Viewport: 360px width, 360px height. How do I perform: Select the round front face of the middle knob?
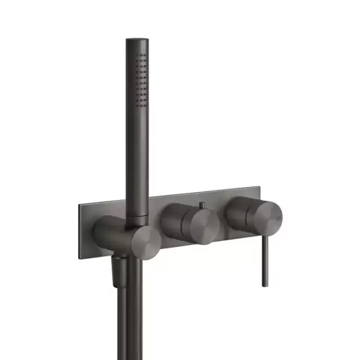pos(201,228)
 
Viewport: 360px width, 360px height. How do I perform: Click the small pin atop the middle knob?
pos(201,203)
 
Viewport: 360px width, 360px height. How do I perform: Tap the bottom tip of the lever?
pos(264,284)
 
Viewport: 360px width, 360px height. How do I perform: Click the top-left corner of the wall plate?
pos(79,205)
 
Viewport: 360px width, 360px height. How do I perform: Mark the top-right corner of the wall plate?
pos(260,184)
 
